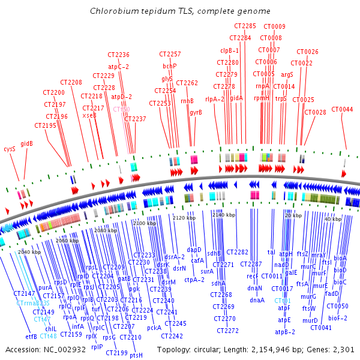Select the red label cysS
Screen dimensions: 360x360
tap(10, 148)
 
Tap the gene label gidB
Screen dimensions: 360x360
tap(26, 143)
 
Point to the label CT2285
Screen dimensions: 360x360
tap(244, 26)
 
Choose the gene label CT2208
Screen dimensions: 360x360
tap(71, 82)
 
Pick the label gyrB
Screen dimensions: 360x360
tap(196, 112)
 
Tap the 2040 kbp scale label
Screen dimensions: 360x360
tap(29, 253)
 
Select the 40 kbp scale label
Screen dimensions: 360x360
tap(333, 220)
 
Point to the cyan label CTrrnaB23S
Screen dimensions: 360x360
tap(34, 304)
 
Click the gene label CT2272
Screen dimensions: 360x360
tap(227, 331)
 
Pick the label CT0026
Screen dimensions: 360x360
tap(308, 52)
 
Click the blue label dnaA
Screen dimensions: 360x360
tap(257, 300)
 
